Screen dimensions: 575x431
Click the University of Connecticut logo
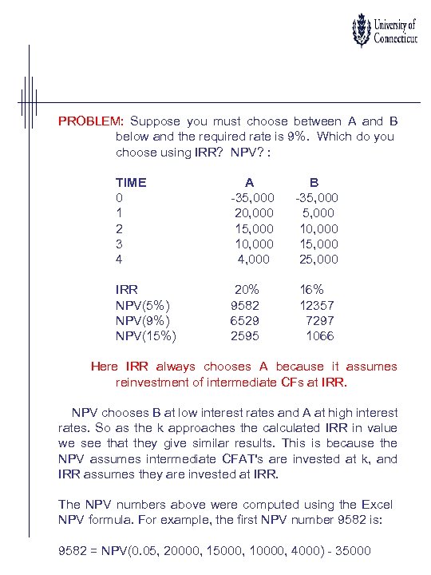coord(384,31)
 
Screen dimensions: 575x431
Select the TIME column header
coord(131,182)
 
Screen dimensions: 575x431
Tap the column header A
coord(250,182)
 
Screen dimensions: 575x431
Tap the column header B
coord(314,182)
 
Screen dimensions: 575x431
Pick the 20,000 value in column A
coord(254,213)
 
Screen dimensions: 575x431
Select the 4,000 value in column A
coord(255,260)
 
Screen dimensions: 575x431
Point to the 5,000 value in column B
coord(319,213)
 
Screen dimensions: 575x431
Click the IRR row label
coord(127,290)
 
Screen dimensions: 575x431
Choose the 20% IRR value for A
coord(247,290)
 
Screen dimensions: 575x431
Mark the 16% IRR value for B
coord(312,290)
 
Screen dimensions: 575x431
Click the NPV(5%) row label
coord(142,306)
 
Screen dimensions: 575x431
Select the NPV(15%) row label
coord(146,336)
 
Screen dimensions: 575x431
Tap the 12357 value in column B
coord(317,306)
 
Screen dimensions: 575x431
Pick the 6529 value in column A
coord(246,321)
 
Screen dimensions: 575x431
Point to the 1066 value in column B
coord(320,336)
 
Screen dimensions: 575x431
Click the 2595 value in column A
coord(246,336)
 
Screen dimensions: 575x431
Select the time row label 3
coord(119,244)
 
